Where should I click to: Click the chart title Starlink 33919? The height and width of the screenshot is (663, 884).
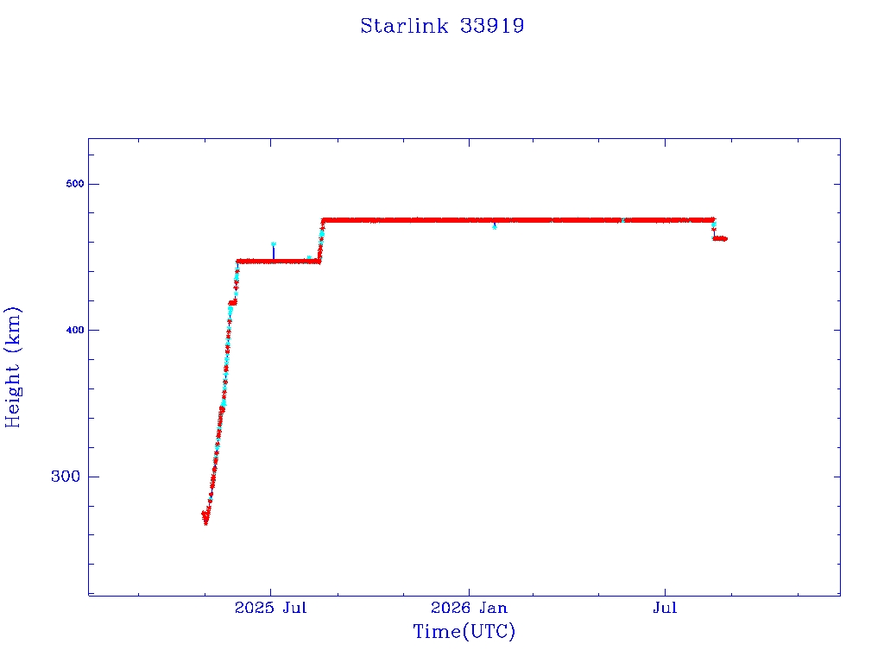[442, 26]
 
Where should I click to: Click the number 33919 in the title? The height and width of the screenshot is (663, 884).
[492, 26]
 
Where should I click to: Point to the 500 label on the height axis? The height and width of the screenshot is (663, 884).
[74, 184]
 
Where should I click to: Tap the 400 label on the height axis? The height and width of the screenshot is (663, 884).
[74, 330]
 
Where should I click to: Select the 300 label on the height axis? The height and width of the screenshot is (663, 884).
[66, 477]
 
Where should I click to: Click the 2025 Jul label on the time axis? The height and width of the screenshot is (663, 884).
[270, 608]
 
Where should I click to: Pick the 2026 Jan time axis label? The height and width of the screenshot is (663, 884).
[469, 608]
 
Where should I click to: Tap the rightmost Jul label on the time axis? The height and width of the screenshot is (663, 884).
[666, 608]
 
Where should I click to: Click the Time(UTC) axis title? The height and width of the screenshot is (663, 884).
[464, 631]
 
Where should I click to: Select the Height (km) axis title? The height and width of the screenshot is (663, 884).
[12, 367]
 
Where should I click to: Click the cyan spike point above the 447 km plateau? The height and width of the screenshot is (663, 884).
[274, 244]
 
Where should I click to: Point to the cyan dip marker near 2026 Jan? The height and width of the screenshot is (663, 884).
[495, 227]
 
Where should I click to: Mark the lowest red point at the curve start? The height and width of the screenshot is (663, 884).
[205, 522]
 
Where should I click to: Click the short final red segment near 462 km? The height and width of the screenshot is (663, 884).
[720, 238]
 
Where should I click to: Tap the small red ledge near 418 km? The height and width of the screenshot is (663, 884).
[232, 303]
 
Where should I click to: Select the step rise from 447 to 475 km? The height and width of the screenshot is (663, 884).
[321, 241]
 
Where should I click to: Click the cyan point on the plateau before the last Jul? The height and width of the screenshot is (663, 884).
[622, 220]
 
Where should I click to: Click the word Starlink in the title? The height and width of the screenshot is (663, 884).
[404, 26]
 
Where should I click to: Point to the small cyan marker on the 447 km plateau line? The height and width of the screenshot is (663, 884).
[308, 258]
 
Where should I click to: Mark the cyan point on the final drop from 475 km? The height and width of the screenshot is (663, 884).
[714, 224]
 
